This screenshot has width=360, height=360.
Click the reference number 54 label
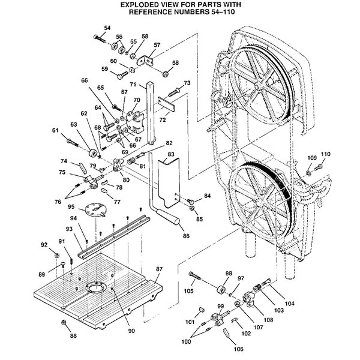coord(107,28)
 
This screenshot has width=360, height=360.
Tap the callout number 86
coord(186,236)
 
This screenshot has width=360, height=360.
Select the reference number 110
coord(325,154)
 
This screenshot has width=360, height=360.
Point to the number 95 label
coord(71,206)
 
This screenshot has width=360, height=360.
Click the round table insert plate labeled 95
coord(95,209)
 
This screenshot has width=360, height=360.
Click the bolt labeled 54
coord(100,38)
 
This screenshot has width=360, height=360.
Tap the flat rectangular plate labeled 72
coord(166,104)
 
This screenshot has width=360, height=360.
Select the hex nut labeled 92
coord(56,255)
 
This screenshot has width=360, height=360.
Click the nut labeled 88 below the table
coord(64,322)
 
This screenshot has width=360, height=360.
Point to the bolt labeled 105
coord(194,276)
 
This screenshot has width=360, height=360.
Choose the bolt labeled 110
coord(318,167)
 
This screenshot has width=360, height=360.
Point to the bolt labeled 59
coord(122,75)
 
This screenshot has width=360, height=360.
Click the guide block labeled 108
coord(248,298)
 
